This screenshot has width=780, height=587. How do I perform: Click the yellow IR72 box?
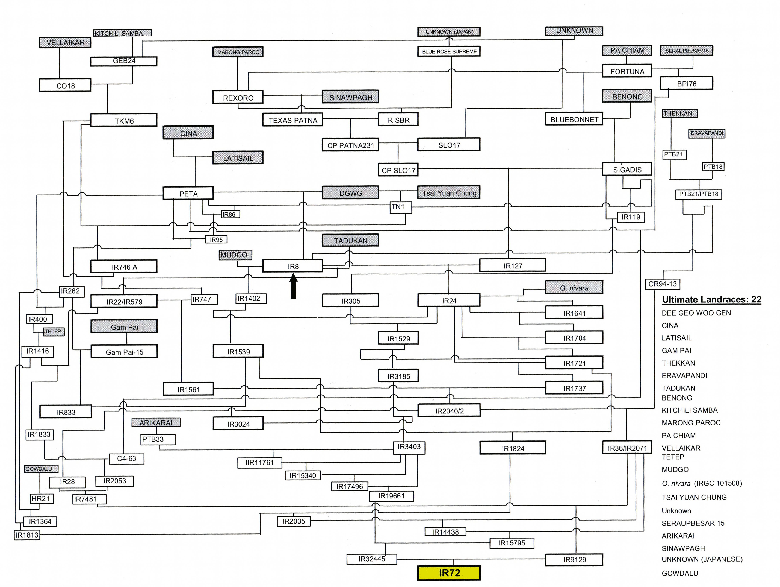tap(449, 573)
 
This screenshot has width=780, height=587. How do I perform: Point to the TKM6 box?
tap(124, 121)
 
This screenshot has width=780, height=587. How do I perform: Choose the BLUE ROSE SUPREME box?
tap(449, 51)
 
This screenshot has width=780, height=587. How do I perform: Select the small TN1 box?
tap(398, 207)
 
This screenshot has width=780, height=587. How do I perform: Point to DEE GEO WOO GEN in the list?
tap(696, 313)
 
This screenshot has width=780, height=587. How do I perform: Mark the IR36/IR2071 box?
tap(627, 448)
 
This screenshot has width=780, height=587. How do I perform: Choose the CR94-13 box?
tap(663, 284)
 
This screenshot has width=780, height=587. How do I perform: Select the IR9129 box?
tap(574, 559)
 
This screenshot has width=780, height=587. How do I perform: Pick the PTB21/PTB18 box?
tap(698, 194)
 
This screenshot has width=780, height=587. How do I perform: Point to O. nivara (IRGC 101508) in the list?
tap(702, 483)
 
